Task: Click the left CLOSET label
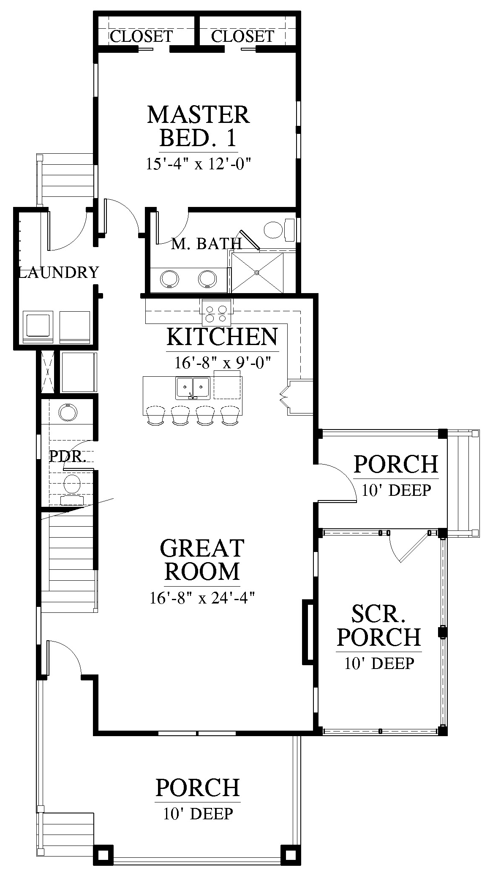pos(142,36)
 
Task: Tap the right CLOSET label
pos(242,36)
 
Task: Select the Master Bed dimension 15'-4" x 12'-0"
pos(199,164)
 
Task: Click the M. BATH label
pos(206,243)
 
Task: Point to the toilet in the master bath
pos(279,229)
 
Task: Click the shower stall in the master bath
pos(257,272)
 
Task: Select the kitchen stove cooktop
pos(216,312)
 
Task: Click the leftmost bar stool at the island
pos(155,415)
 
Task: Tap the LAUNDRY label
pos(59,272)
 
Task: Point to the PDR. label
pos(68,456)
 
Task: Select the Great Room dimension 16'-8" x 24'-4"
pos(202,598)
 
